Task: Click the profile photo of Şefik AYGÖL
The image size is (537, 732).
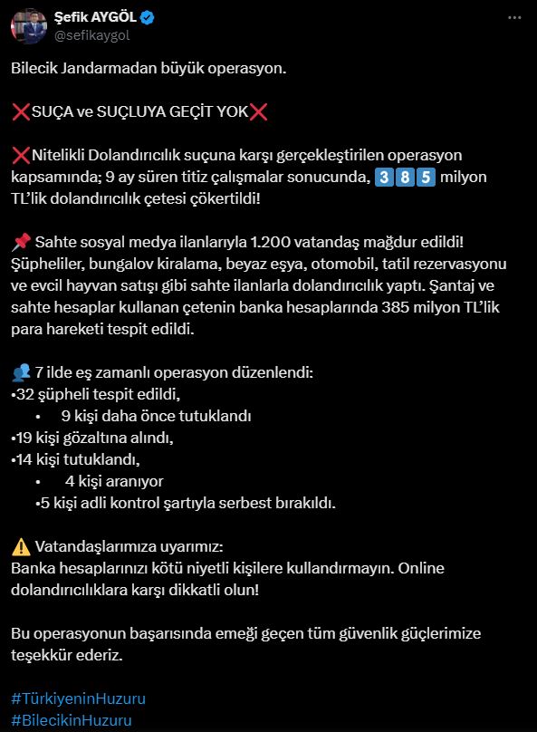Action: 29,25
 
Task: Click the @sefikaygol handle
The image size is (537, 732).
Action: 88,34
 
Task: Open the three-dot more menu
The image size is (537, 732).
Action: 515,17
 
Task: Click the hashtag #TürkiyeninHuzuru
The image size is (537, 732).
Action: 78,698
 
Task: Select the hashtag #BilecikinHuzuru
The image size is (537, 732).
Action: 72,720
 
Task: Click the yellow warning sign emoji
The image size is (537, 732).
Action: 21,547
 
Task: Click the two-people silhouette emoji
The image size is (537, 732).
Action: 21,372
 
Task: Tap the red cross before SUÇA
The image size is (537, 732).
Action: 21,111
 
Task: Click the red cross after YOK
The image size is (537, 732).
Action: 258,111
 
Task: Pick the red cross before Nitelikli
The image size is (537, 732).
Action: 21,155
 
